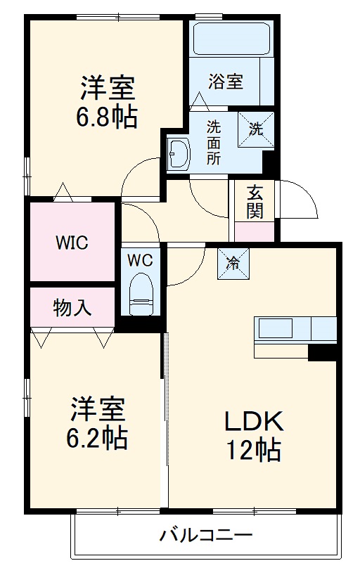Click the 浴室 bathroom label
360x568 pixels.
click(x=225, y=82)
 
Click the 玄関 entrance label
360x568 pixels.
click(x=254, y=201)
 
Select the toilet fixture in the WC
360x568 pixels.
click(x=141, y=294)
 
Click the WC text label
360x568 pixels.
click(x=141, y=260)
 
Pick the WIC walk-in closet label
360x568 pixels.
click(x=72, y=243)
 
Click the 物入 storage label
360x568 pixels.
click(x=72, y=307)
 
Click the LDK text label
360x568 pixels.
click(x=253, y=422)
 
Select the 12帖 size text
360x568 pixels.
click(x=253, y=449)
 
